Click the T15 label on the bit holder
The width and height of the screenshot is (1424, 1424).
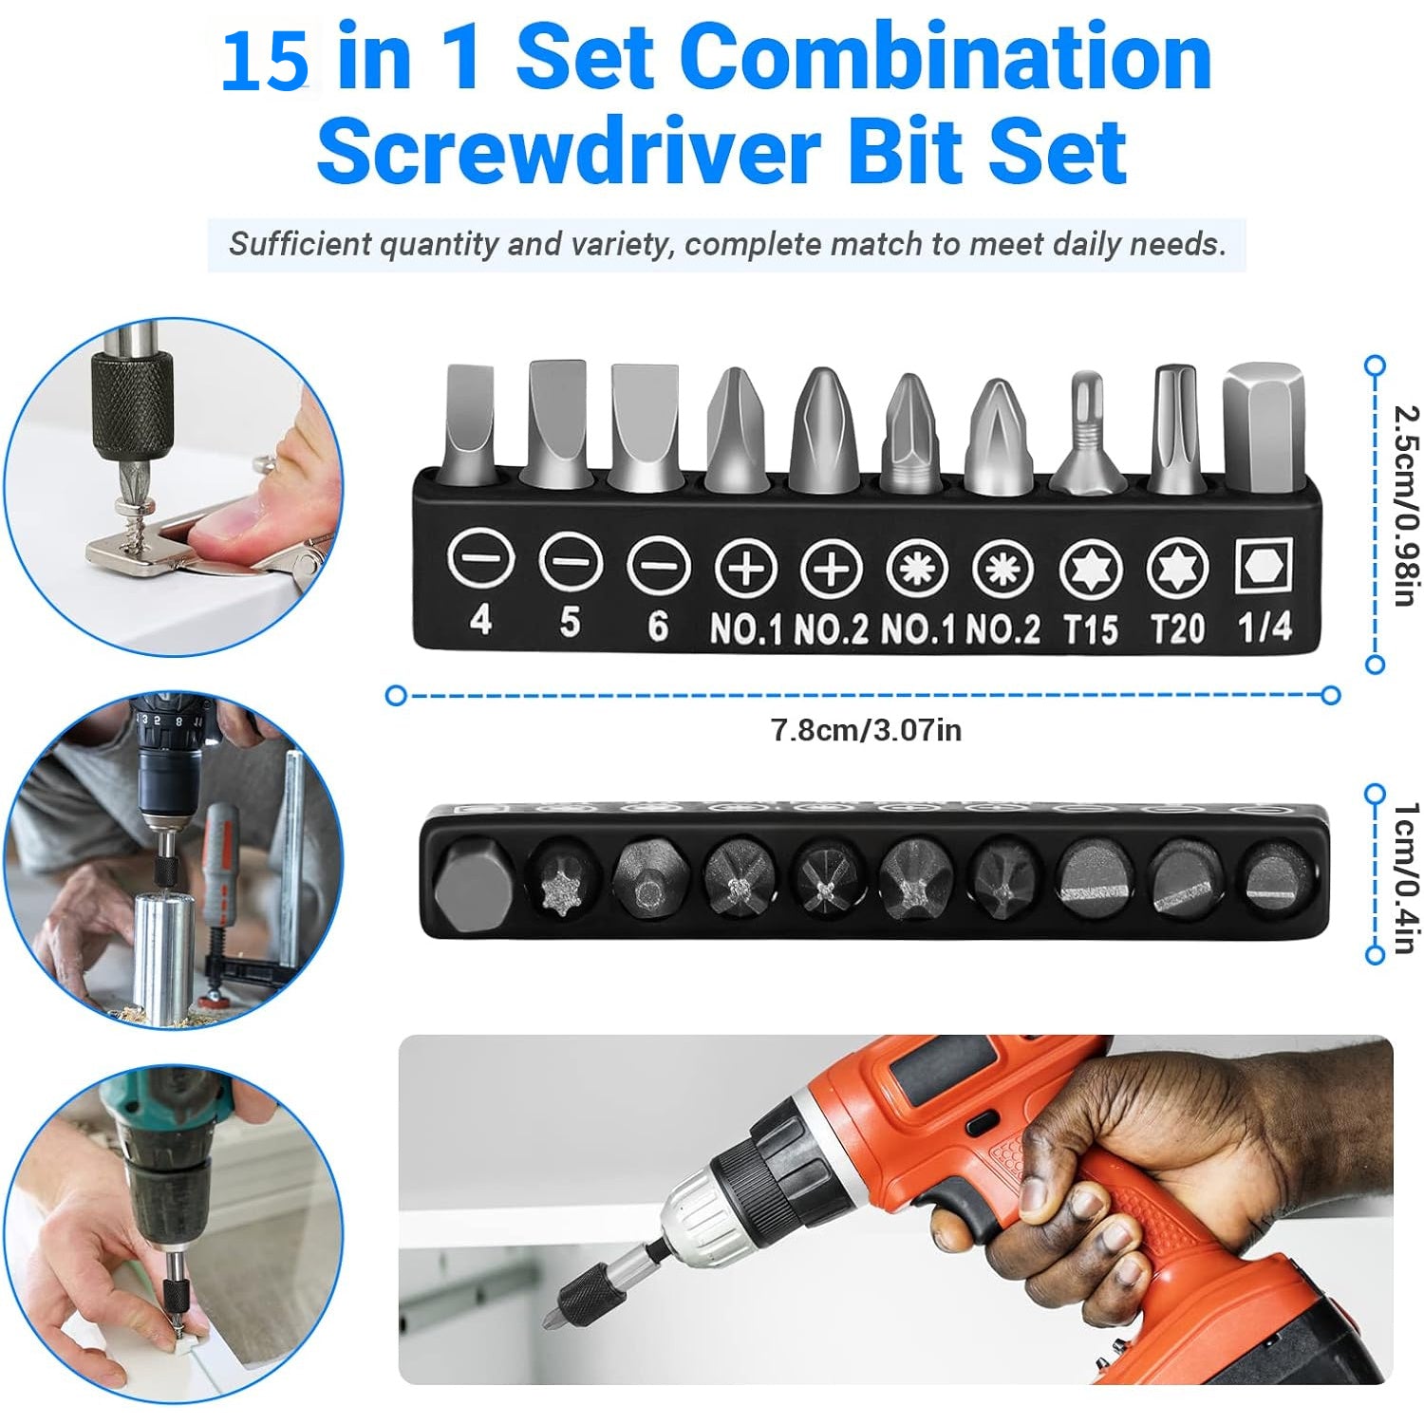(x=1090, y=628)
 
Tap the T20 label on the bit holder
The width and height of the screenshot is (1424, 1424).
(x=1177, y=628)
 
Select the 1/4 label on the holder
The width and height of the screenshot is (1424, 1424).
(x=1265, y=627)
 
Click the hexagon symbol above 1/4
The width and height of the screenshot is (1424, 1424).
(x=1264, y=568)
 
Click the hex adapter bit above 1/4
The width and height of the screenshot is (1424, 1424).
(x=1264, y=427)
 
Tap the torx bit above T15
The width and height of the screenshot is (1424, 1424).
(x=1089, y=432)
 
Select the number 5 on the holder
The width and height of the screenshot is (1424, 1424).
(x=570, y=622)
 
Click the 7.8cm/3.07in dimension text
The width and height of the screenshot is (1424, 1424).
(x=866, y=730)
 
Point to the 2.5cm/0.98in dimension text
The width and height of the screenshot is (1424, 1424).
(x=1405, y=505)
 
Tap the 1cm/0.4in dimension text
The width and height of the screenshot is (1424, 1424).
(x=1405, y=878)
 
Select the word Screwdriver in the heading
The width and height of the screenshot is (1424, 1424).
(x=568, y=151)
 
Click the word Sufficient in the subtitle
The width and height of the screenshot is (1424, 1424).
(x=299, y=245)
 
